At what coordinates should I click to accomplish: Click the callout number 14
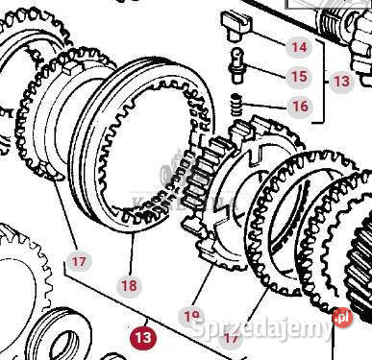(x=300, y=46)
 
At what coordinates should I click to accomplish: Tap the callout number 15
(x=300, y=76)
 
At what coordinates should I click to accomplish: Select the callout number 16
(x=300, y=106)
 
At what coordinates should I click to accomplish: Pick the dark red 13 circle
(x=143, y=338)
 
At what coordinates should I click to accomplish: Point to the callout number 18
(x=129, y=285)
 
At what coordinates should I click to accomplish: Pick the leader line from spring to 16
(x=271, y=103)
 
